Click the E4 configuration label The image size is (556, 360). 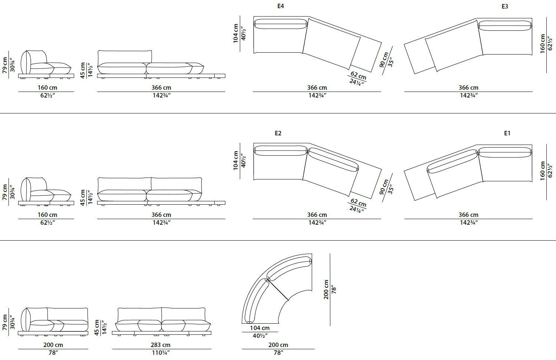pyautogui.click(x=281, y=6)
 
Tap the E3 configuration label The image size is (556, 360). pyautogui.click(x=504, y=6)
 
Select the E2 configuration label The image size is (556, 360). pyautogui.click(x=278, y=133)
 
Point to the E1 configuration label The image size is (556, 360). pyautogui.click(x=507, y=133)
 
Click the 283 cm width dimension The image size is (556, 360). pyautogui.click(x=160, y=345)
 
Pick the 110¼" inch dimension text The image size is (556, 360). pyautogui.click(x=161, y=353)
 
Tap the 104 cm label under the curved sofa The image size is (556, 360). pyautogui.click(x=259, y=328)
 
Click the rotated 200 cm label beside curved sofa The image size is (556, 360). pyautogui.click(x=326, y=290)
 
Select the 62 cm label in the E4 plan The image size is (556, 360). pyautogui.click(x=358, y=75)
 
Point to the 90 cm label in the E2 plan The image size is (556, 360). pyautogui.click(x=384, y=187)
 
